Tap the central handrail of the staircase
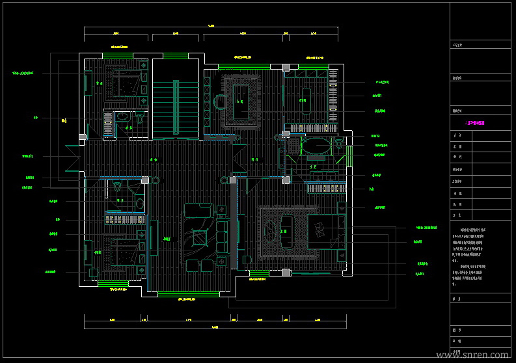(176, 107)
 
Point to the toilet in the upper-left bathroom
(140, 119)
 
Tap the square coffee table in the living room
(198, 237)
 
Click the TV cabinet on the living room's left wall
(154, 237)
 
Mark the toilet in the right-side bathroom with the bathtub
(339, 143)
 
